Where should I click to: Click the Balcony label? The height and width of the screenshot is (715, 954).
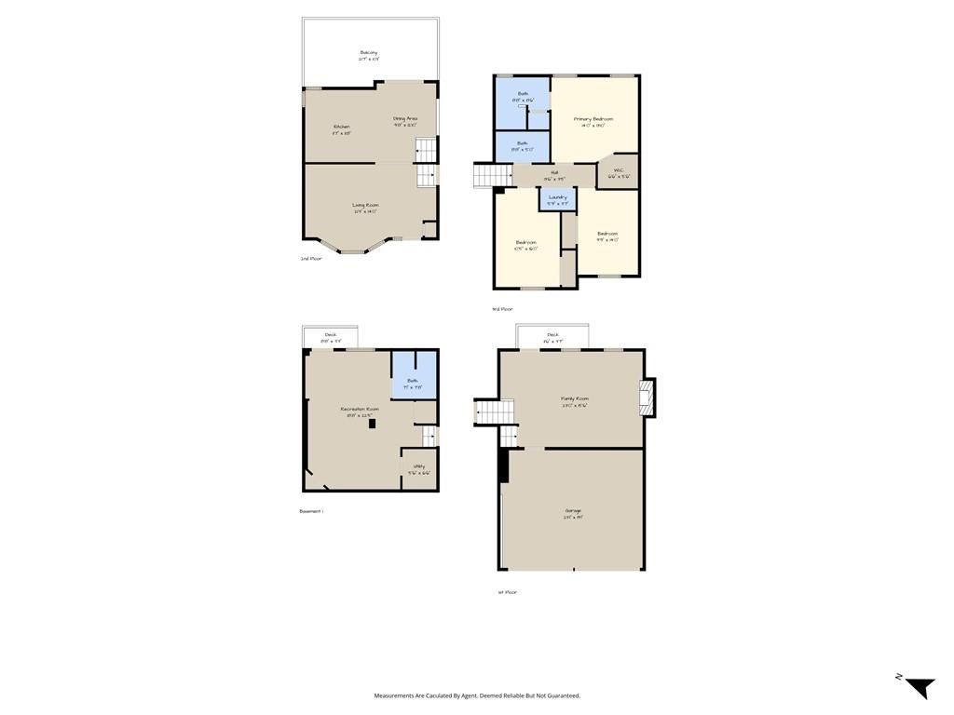369,53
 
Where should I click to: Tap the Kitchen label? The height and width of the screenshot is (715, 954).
342,127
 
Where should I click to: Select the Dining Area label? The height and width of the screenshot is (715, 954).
404,119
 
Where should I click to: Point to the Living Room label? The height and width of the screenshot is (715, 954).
365,205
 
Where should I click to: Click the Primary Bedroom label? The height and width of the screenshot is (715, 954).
593,119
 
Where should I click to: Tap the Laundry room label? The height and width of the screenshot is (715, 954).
558,197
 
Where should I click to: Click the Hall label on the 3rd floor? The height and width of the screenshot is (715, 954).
554,172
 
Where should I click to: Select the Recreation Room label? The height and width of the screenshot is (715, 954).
360,409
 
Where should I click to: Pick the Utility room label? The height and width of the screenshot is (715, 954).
419,466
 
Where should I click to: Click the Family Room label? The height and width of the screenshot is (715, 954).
575,398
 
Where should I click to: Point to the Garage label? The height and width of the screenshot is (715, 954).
573,511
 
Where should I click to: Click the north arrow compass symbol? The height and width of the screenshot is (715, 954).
919,687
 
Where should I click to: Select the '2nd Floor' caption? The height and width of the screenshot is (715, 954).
311,259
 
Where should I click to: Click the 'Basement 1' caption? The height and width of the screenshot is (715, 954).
311,511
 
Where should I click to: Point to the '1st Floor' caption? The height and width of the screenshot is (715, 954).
508,592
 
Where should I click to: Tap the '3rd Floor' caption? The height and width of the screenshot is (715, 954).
502,309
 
